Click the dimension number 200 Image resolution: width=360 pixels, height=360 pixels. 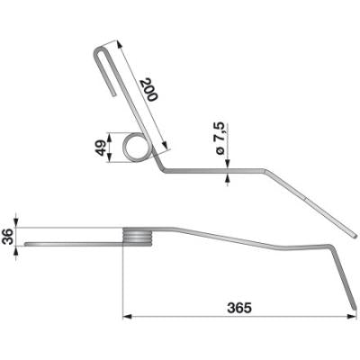click(x=149, y=89)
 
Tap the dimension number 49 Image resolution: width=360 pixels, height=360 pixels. click(x=101, y=148)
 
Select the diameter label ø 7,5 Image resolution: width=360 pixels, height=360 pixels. click(x=220, y=139)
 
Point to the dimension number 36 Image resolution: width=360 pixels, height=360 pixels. click(x=9, y=237)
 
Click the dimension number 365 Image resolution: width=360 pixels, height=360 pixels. click(x=239, y=308)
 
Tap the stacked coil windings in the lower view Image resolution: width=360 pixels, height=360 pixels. click(x=138, y=237)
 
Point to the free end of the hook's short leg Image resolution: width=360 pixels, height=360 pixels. click(x=113, y=95)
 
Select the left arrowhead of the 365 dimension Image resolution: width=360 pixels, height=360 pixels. click(x=128, y=317)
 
